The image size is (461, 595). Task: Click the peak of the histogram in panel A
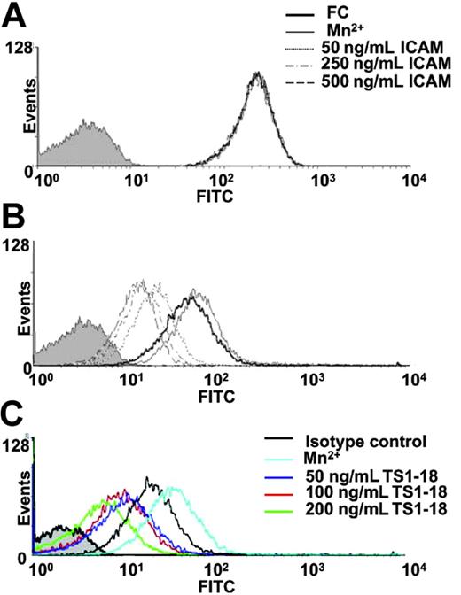click(258, 75)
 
